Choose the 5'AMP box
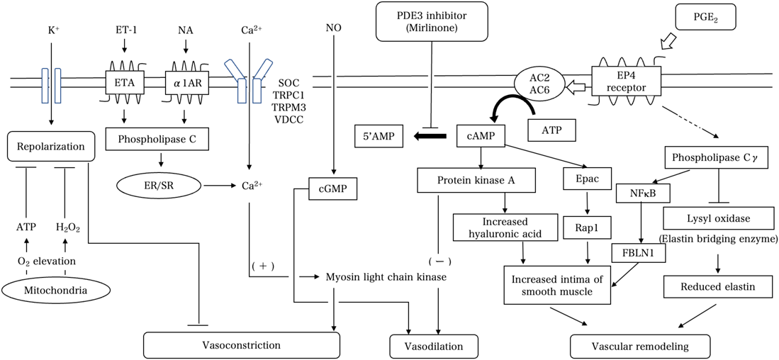click(379, 135)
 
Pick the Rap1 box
click(587, 227)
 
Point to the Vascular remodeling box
click(640, 346)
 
